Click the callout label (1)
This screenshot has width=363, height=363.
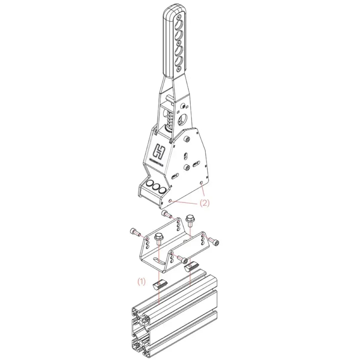pos(141,282)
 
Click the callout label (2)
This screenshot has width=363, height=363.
pos(204,203)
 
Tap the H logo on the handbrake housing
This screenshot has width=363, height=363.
pos(159,151)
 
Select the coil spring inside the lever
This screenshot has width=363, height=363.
pos(169,123)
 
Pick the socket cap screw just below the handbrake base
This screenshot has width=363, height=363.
pos(167,214)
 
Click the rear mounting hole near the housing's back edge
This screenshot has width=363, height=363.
pos(201,183)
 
